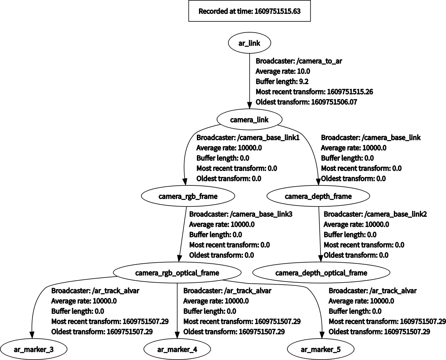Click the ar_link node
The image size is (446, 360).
point(249,43)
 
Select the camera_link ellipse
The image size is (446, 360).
point(249,119)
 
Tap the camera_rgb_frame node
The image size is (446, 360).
point(188,196)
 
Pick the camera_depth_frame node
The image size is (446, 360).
point(318,196)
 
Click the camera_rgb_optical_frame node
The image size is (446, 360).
point(177,273)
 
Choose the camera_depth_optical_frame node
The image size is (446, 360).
point(321,273)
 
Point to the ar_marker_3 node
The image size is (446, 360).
point(34,349)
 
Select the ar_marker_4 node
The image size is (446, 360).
point(177,349)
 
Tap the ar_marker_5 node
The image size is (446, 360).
point(321,349)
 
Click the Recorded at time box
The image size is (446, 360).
point(249,11)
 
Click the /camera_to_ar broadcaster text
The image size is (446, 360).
point(319,61)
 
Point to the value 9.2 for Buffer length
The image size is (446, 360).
point(304,81)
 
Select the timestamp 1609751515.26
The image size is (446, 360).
point(350,92)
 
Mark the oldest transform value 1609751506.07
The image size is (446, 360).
point(334,102)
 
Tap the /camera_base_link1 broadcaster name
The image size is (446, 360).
point(268,138)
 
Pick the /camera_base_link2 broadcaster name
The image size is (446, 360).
point(396,214)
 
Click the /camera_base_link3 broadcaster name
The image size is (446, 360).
point(261,214)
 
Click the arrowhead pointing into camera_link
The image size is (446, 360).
point(249,105)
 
